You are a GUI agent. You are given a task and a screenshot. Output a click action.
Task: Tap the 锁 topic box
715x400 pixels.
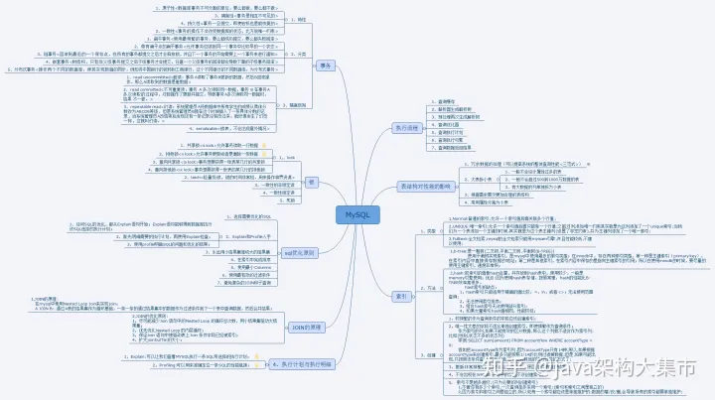[310, 182]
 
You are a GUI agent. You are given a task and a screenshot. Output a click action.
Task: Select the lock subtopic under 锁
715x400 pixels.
[261, 157]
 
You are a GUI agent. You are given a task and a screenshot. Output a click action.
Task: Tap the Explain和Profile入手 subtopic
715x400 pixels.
[249, 237]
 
